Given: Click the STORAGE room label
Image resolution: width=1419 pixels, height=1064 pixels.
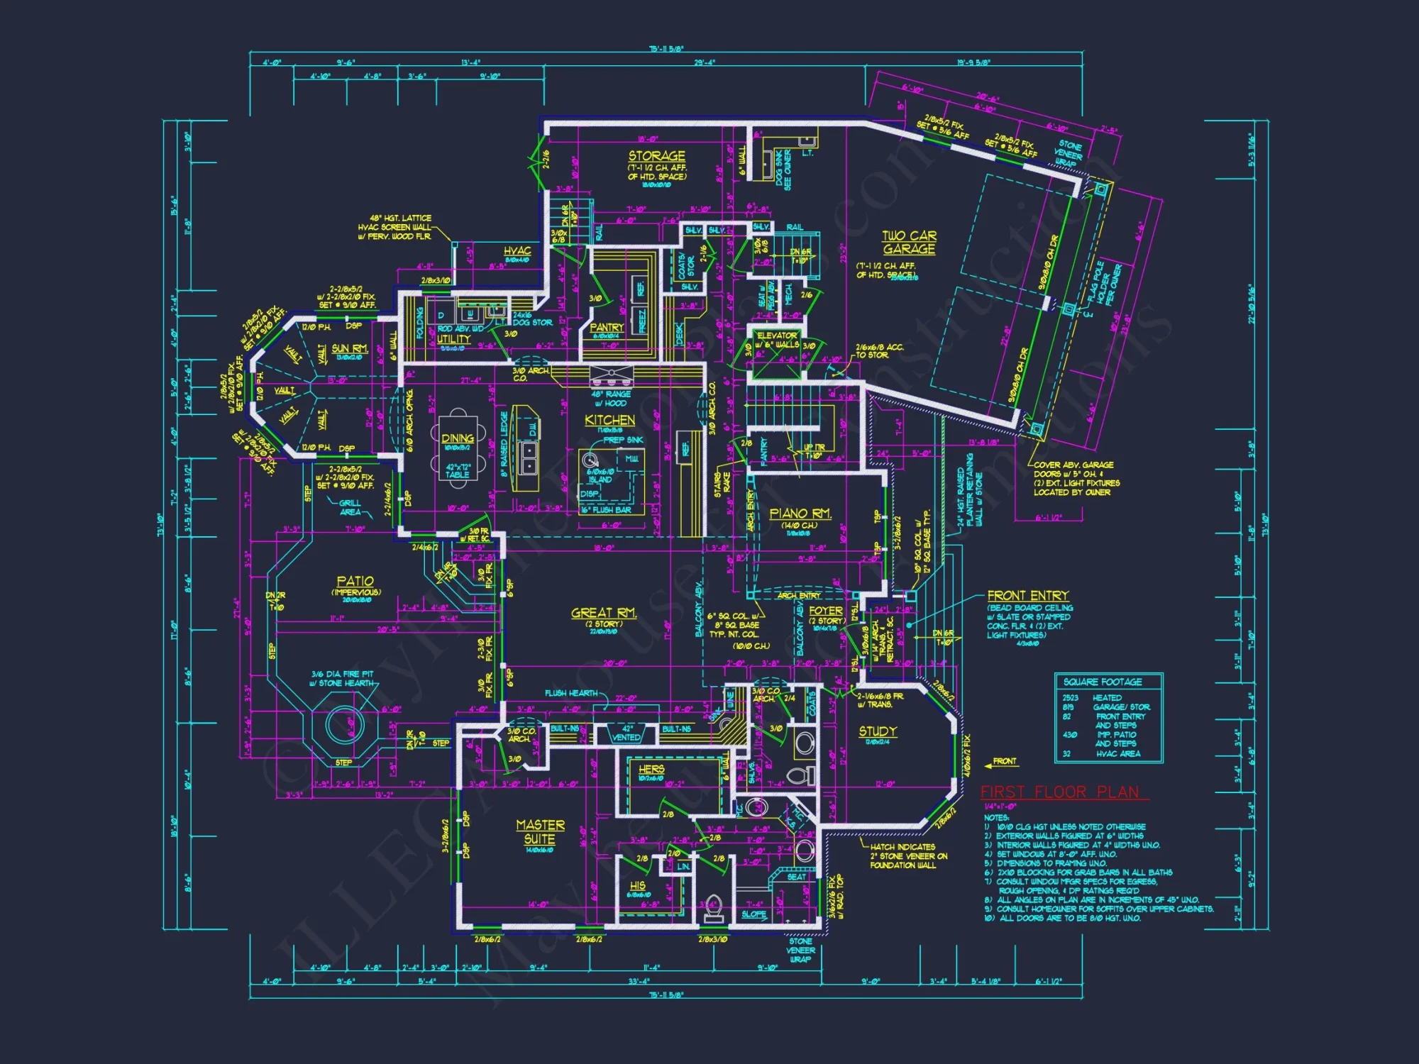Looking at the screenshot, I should (x=656, y=156).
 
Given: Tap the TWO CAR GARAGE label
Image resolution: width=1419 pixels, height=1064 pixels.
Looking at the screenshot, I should (x=909, y=243).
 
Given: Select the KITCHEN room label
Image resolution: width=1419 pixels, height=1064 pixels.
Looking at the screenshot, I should (x=609, y=421).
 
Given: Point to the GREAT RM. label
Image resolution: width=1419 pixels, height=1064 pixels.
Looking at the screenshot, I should (x=604, y=613).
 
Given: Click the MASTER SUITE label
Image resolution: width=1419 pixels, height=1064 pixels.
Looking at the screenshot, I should (x=540, y=832).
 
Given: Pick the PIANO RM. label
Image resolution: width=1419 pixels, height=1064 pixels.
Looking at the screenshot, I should (x=800, y=514).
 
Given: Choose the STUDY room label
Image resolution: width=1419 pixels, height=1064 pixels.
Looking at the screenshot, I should (x=878, y=731).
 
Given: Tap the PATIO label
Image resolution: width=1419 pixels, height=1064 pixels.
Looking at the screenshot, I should (x=355, y=582).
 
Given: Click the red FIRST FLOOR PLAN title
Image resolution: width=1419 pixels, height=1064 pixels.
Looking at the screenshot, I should (x=1064, y=792).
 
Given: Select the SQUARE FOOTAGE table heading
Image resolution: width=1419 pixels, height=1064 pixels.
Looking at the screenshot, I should (x=1103, y=682).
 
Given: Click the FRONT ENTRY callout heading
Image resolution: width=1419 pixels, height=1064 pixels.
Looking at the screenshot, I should (x=1027, y=596).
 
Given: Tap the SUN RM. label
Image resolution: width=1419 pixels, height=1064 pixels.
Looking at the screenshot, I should (x=350, y=348).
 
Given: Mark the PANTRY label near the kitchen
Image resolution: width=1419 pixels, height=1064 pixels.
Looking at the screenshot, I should (x=607, y=328).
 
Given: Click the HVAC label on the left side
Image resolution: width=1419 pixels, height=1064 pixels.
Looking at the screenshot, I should (x=517, y=251).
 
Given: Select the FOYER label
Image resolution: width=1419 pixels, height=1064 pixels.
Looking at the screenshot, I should (x=826, y=611).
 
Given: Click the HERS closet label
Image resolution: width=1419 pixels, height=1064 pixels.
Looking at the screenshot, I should (x=651, y=769).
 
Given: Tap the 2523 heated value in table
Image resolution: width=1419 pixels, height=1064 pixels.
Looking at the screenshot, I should (x=1069, y=698).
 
